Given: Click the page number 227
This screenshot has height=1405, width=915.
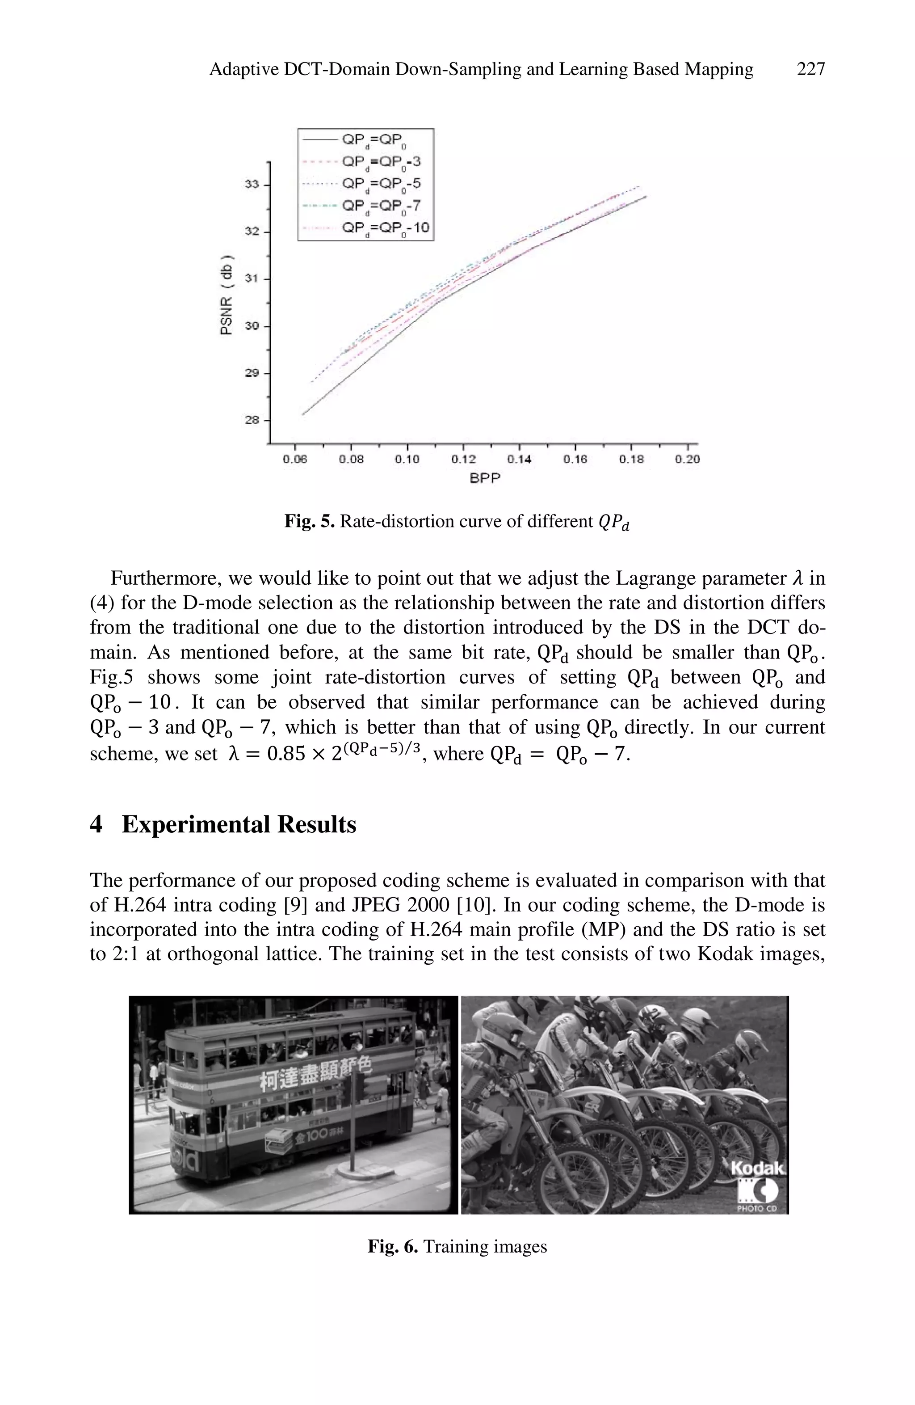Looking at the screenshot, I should pos(810,70).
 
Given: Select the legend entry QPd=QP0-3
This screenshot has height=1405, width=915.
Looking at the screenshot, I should pos(381,162).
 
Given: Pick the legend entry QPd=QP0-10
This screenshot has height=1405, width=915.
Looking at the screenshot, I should pos(385,228).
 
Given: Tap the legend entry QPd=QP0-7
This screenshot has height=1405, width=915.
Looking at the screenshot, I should pos(381,206).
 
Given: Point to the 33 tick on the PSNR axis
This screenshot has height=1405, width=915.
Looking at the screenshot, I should pos(252,185).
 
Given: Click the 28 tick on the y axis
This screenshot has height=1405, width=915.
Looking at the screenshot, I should pos(252,420).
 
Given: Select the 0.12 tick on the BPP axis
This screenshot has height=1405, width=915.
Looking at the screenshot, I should pos(463,459).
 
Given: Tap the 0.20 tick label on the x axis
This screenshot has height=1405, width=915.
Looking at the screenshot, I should pos(687,459).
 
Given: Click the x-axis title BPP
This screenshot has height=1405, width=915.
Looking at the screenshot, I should pos(484,479).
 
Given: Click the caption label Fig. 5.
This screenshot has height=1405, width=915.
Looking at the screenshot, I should pos(309,521).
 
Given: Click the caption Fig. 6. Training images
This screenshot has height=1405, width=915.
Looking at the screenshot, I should pos(457,1246).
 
